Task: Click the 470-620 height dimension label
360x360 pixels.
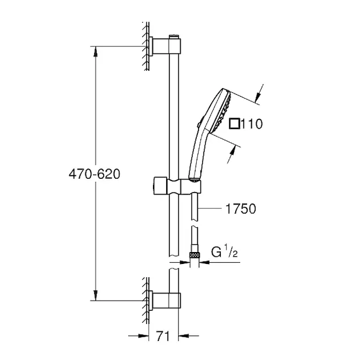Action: point(94,174)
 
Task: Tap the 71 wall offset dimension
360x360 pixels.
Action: point(163,336)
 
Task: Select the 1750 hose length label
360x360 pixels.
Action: point(241,209)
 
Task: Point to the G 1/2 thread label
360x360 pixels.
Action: point(224,251)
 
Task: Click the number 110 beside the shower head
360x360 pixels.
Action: point(251,124)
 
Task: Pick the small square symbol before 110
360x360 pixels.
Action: point(235,124)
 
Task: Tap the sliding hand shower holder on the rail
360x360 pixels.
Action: point(178,185)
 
